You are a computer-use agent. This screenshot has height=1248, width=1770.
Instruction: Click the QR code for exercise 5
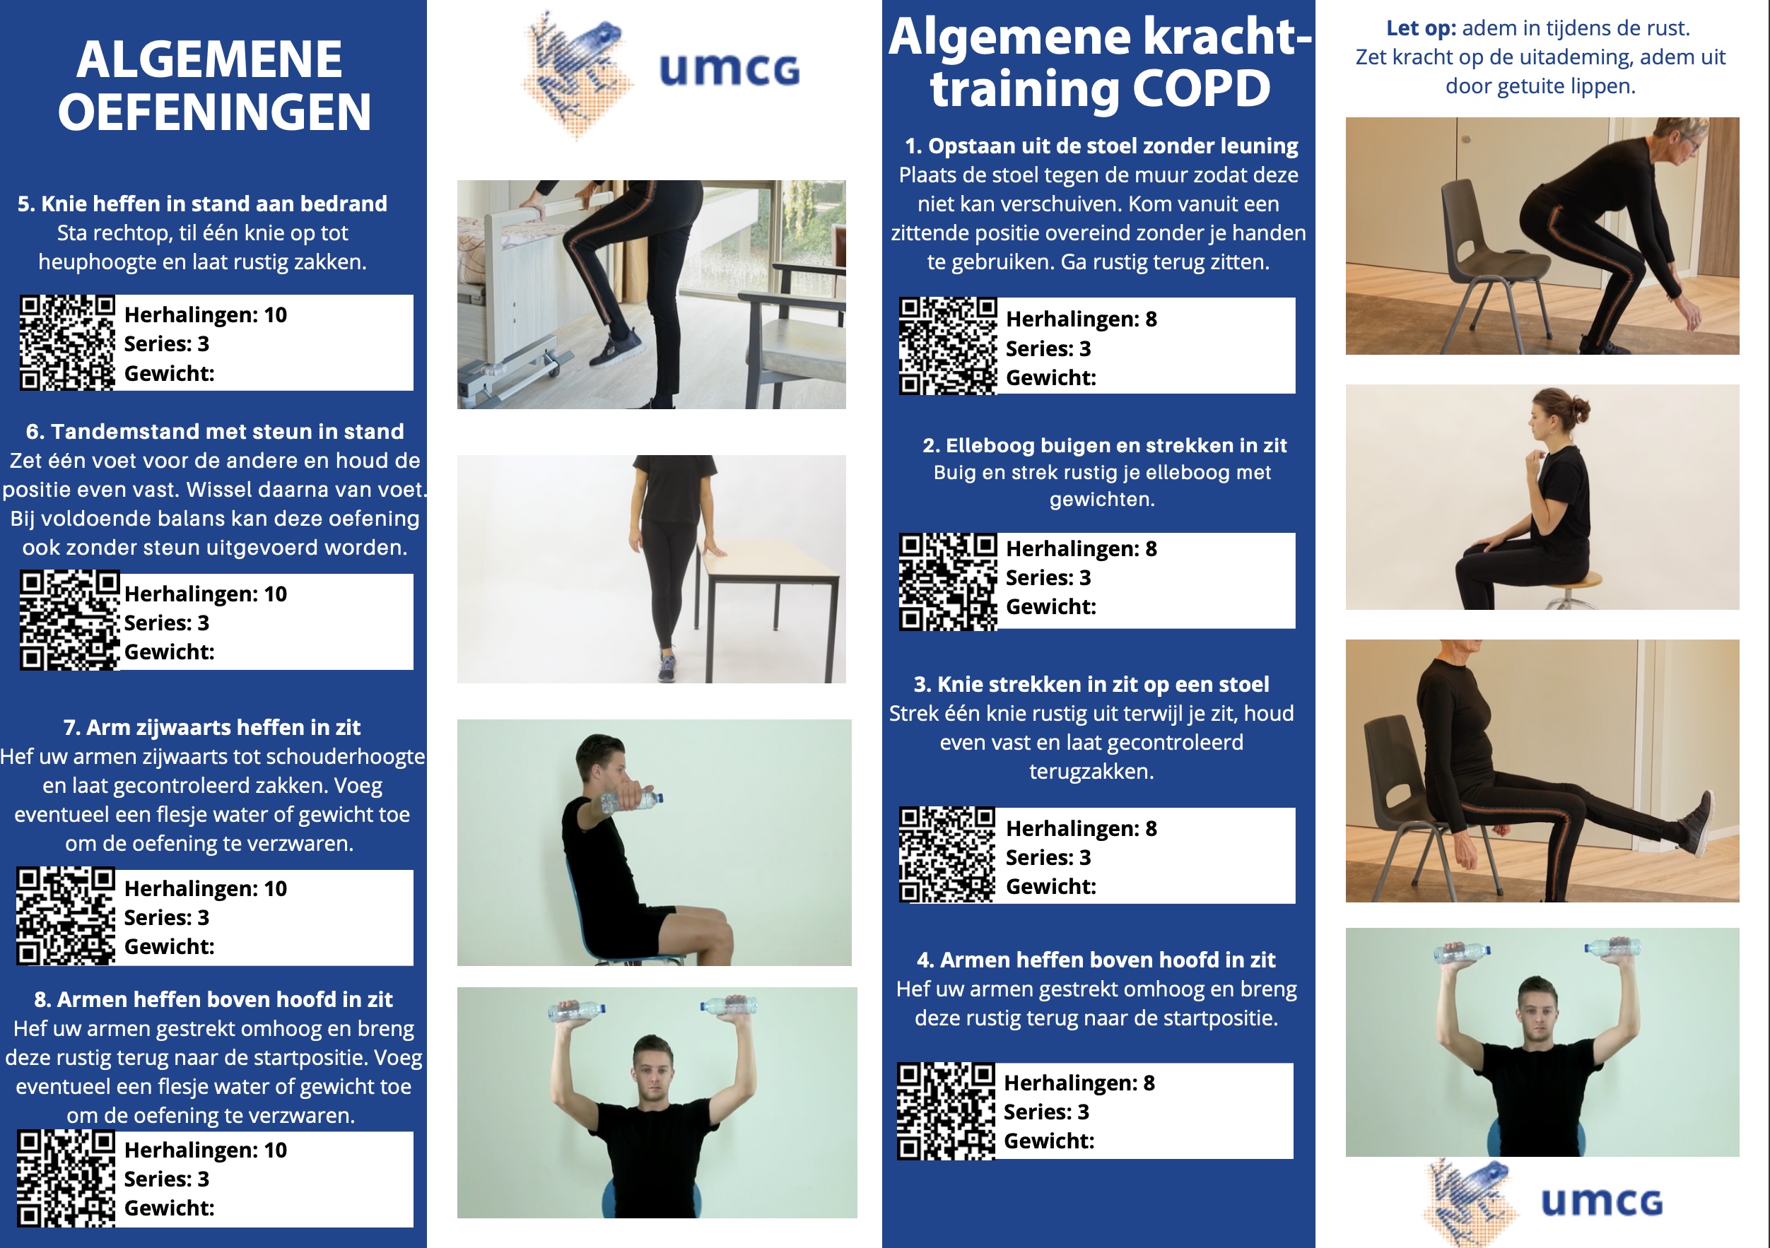pyautogui.click(x=67, y=342)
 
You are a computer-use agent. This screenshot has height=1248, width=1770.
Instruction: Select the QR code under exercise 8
pyautogui.click(x=66, y=1178)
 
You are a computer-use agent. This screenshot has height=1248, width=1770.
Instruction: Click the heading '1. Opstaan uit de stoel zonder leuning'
pyautogui.click(x=1101, y=146)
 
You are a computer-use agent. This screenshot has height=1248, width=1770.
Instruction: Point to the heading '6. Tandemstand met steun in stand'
pyautogui.click(x=214, y=431)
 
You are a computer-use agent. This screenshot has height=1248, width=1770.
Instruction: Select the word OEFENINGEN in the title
pyautogui.click(x=214, y=112)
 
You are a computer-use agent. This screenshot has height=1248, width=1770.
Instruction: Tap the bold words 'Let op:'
pyautogui.click(x=1421, y=28)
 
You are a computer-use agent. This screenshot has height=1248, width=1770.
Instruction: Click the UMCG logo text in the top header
pyautogui.click(x=729, y=70)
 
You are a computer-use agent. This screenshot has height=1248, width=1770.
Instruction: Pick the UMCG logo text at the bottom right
pyautogui.click(x=1602, y=1202)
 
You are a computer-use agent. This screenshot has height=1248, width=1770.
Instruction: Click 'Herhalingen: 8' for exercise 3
pyautogui.click(x=1081, y=829)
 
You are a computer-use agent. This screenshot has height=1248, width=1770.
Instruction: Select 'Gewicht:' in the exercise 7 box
pyautogui.click(x=170, y=946)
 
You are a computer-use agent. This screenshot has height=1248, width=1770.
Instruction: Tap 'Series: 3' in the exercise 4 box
pyautogui.click(x=1046, y=1112)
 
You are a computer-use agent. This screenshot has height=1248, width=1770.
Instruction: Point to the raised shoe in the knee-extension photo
pyautogui.click(x=1699, y=823)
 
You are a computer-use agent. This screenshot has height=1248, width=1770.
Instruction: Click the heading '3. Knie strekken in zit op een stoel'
pyautogui.click(x=1091, y=685)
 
